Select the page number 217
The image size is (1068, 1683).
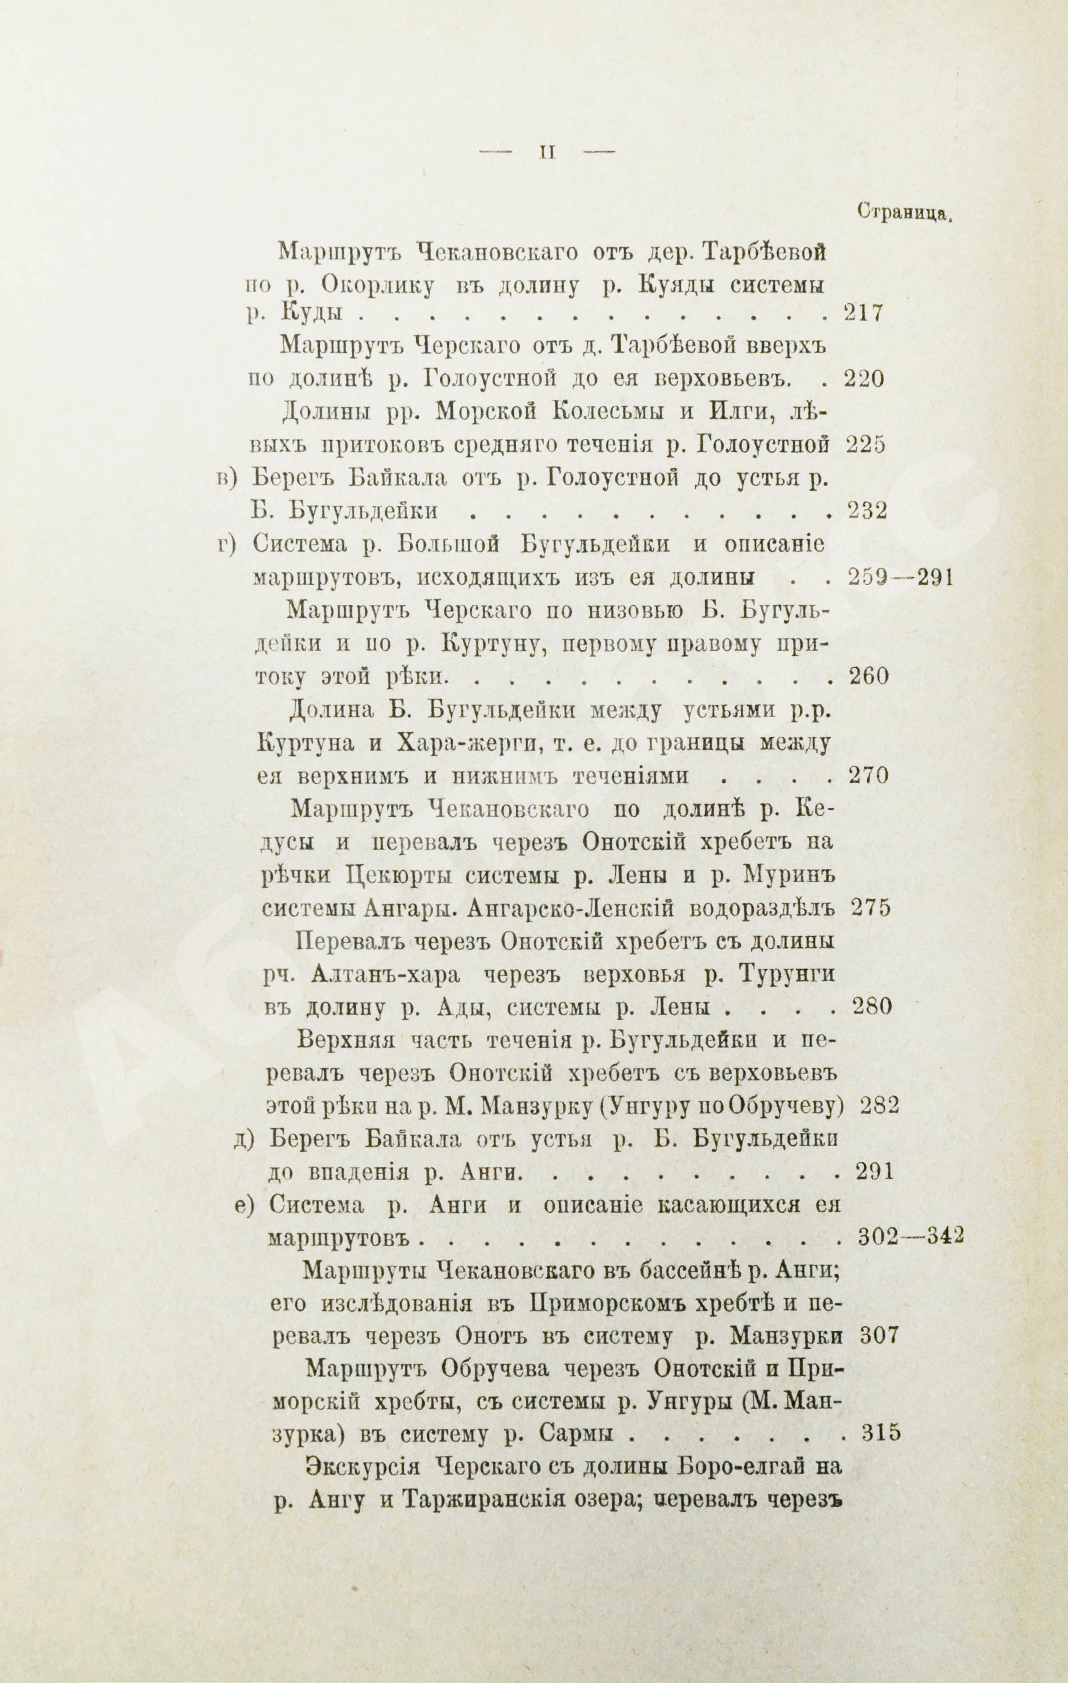click(864, 313)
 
